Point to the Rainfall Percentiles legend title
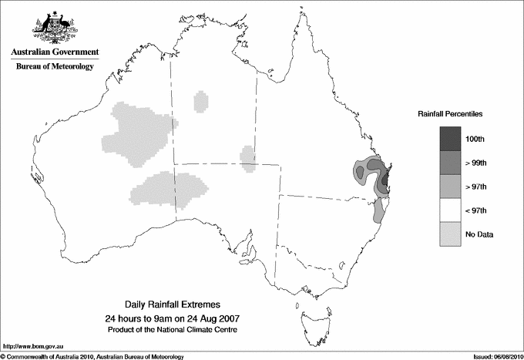pyautogui.click(x=451, y=113)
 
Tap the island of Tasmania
pyautogui.click(x=309, y=315)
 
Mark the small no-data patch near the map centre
pyautogui.click(x=248, y=157)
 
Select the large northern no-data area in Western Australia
pyautogui.click(x=137, y=133)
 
